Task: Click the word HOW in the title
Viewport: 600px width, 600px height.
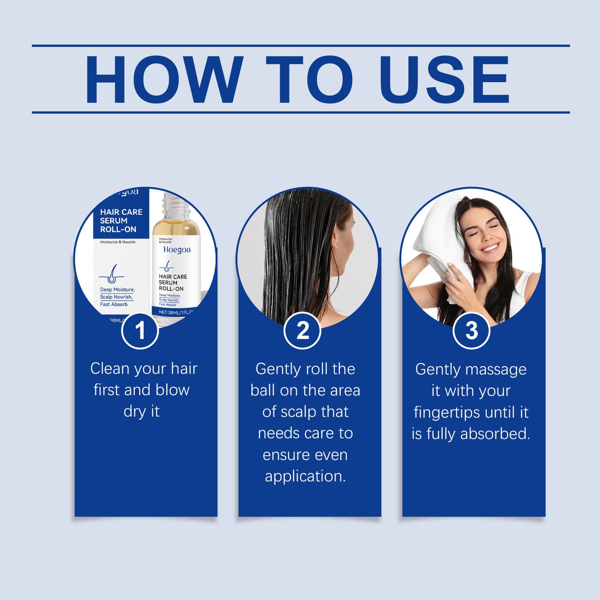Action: [x=164, y=79]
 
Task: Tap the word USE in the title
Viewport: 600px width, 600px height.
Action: [x=444, y=79]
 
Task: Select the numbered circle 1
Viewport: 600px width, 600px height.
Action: [x=140, y=331]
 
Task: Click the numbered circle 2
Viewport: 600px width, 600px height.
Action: [x=303, y=331]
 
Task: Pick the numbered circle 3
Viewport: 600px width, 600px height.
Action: [x=471, y=331]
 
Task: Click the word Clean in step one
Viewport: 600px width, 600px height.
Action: [x=110, y=369]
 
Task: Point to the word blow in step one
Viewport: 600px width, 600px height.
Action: [x=172, y=390]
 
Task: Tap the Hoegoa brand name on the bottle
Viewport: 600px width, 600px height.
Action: [x=177, y=250]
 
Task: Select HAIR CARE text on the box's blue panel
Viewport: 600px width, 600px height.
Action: [x=121, y=212]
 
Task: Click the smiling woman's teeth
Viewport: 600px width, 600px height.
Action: [x=490, y=248]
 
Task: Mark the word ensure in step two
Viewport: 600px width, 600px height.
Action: [x=282, y=455]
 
